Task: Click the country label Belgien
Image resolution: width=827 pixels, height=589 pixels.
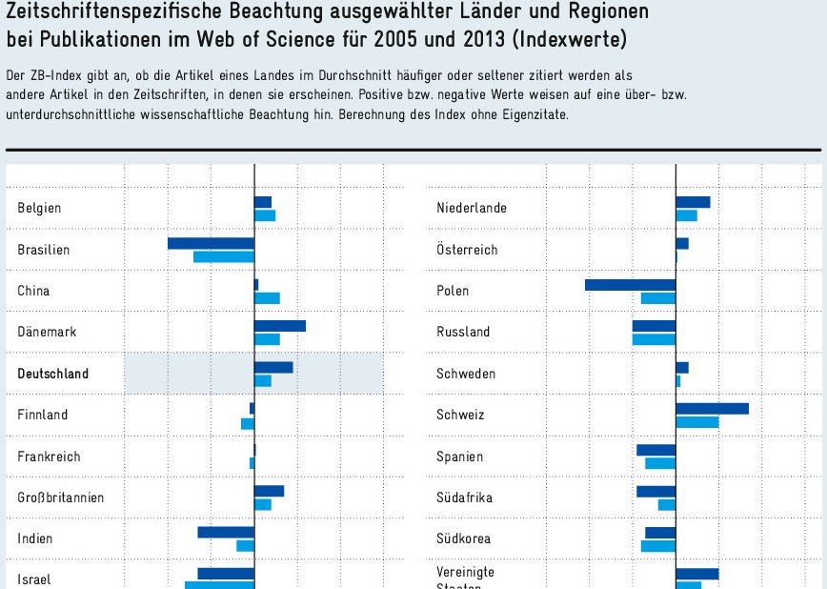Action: [39, 208]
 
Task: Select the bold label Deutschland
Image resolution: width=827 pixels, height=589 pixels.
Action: [53, 374]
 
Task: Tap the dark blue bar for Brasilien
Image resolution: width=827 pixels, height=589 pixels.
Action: [211, 244]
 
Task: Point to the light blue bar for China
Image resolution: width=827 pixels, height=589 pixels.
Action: [267, 298]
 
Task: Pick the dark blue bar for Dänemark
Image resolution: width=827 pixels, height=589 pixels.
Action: [280, 326]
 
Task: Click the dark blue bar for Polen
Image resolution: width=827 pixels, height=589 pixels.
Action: [630, 285]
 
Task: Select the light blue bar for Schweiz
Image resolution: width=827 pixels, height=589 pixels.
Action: [697, 422]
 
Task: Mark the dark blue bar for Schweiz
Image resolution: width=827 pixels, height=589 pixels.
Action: [712, 409]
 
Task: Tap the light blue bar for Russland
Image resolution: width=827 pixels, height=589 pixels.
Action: [654, 339]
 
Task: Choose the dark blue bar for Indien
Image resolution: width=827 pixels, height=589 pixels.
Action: [226, 533]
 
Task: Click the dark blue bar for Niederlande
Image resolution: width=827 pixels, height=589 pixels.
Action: [693, 202]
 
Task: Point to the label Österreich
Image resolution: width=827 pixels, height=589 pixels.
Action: [467, 250]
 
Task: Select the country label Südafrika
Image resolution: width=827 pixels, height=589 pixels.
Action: [465, 498]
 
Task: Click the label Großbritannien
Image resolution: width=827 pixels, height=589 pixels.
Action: [61, 498]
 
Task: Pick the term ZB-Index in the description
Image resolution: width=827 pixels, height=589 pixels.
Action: [58, 74]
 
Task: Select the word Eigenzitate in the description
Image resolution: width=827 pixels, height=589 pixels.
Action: [535, 114]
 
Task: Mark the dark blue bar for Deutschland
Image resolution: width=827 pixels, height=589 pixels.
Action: [273, 368]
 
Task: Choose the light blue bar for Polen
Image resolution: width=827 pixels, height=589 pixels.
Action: [658, 298]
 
